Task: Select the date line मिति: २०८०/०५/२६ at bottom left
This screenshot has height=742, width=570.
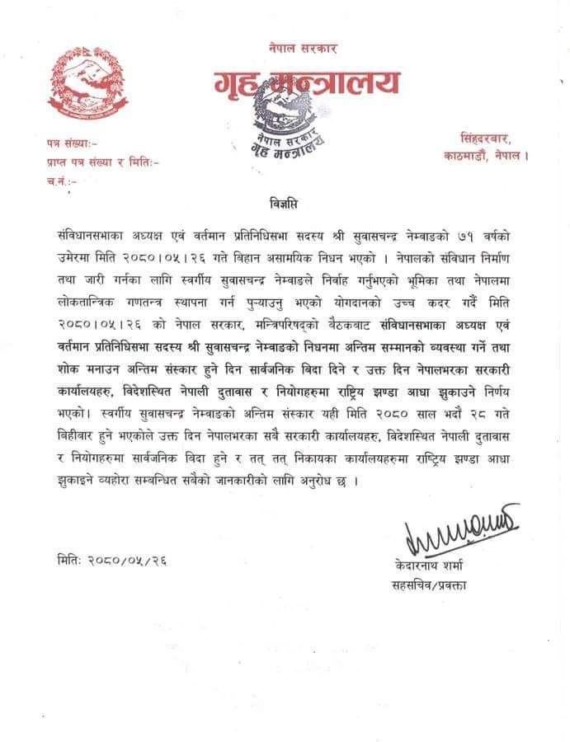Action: [x=107, y=560]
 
